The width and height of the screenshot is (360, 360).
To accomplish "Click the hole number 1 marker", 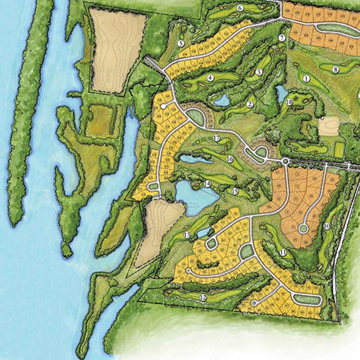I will click(x=307, y=79).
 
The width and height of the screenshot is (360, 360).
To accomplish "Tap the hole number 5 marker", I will click(x=181, y=43).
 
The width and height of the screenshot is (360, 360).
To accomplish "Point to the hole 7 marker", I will click(x=282, y=38).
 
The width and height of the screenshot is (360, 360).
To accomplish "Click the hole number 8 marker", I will click(x=336, y=70).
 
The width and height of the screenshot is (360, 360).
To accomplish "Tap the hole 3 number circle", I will click(x=259, y=72).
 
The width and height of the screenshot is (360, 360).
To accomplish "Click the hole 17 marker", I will click(x=217, y=138).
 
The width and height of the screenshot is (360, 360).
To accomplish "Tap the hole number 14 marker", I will click(x=207, y=184).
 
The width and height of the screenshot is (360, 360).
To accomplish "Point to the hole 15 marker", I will click(x=235, y=192).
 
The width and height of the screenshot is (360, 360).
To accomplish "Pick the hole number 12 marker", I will click(x=203, y=297).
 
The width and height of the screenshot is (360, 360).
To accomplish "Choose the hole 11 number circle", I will click(x=283, y=253).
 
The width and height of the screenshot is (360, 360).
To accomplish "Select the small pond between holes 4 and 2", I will click(x=221, y=100).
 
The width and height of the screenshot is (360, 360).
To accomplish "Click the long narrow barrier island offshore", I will click(x=30, y=108).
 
